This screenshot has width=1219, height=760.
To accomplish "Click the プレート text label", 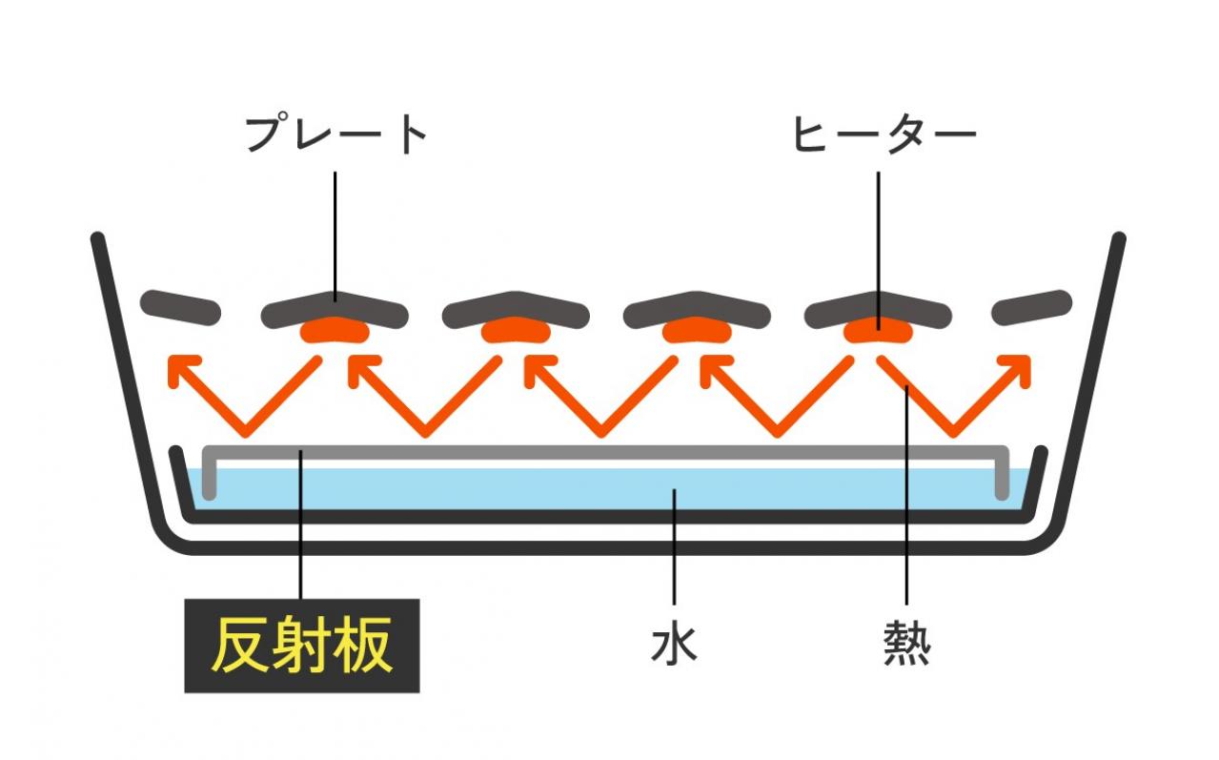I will pos(335,135).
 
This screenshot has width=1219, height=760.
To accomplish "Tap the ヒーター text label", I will pos(884,135).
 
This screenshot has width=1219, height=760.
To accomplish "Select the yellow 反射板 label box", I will pos(301,646).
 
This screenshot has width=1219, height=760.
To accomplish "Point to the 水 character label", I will pos(674,645).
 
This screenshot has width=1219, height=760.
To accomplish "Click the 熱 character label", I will pos(906,645).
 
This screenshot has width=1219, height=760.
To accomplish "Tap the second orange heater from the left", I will pos(516,331).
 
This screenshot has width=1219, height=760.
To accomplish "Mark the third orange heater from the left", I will pos(697,331).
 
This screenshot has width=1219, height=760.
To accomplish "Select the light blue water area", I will pos(610,489).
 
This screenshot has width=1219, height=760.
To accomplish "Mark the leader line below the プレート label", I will pos(335,229).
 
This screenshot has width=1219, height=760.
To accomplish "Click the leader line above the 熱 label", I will pos(906,505).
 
